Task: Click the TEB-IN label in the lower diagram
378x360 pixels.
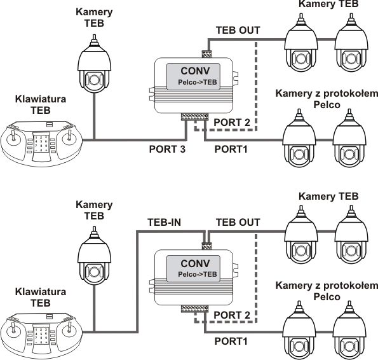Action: click(x=164, y=222)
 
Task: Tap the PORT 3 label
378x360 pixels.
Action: click(x=167, y=149)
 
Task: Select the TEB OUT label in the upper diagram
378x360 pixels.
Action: click(x=238, y=30)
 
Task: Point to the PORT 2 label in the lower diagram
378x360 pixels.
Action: click(x=232, y=315)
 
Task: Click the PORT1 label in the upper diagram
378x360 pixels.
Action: click(x=231, y=149)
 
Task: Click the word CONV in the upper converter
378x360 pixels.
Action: click(x=195, y=71)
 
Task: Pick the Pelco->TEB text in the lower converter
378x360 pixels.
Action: click(x=198, y=274)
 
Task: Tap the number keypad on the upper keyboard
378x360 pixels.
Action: click(x=41, y=144)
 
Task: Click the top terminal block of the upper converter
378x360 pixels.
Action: click(x=206, y=54)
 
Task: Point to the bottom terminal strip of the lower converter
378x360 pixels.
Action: click(x=194, y=309)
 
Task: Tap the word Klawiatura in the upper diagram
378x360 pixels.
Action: click(x=41, y=99)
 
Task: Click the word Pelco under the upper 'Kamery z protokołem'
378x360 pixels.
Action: click(x=327, y=105)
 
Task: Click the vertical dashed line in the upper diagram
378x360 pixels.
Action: click(x=256, y=87)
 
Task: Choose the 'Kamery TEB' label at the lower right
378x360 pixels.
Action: click(x=328, y=196)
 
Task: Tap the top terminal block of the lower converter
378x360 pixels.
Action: click(x=206, y=246)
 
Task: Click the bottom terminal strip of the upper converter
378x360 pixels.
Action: click(x=194, y=116)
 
